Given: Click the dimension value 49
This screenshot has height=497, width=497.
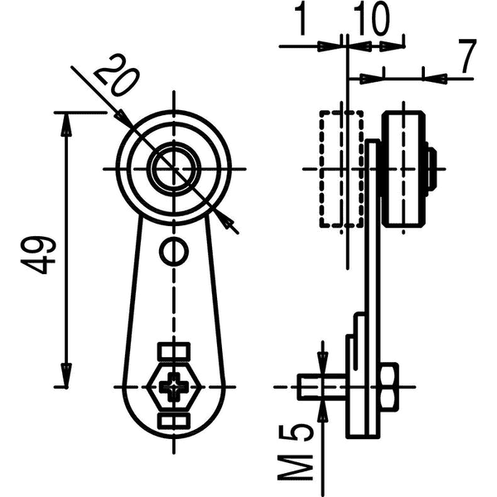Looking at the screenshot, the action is tap(38, 254).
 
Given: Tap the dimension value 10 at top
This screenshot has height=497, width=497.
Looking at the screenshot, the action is tap(371, 20).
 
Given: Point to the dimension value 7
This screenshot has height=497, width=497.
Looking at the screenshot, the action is tap(468, 56).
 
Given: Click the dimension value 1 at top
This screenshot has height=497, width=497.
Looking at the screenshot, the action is tap(302, 20).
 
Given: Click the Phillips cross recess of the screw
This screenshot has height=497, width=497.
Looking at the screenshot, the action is tap(174, 386).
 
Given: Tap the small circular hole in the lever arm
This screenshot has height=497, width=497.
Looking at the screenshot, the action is tap(174, 251).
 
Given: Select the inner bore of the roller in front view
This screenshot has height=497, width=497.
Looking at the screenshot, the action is tap(174, 168).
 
